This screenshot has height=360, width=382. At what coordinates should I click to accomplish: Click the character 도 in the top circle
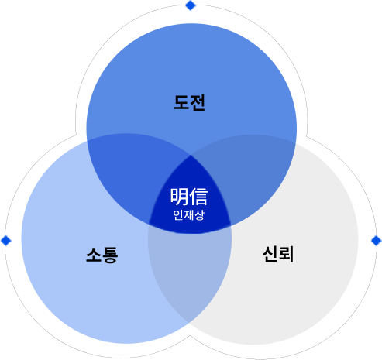tap(181, 102)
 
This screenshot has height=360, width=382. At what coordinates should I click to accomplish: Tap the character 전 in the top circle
tap(198, 102)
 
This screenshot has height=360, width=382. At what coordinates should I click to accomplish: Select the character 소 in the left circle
tap(94, 255)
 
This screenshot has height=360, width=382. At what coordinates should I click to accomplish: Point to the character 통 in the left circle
tap(110, 255)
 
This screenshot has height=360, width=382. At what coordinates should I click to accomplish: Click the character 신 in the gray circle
tap(270, 254)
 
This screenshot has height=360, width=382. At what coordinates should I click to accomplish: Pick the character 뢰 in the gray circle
tap(286, 254)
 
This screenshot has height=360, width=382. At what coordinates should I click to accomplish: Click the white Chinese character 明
tap(179, 197)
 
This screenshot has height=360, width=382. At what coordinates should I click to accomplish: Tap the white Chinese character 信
tap(198, 197)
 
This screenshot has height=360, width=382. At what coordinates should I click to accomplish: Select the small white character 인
tap(178, 215)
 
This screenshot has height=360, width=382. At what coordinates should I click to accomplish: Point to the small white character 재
tap(188, 215)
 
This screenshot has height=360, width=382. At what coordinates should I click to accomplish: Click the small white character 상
tap(199, 215)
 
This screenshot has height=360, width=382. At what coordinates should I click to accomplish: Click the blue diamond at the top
tap(191, 5)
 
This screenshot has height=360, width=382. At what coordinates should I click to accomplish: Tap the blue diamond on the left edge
tap(6, 241)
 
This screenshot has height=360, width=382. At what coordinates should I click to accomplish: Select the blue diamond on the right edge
tap(376, 241)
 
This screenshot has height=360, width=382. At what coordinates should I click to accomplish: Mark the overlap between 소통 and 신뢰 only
tap(190, 273)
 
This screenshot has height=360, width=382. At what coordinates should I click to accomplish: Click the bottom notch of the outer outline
tap(191, 335)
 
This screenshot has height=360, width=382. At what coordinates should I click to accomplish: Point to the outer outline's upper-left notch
tap(76, 135)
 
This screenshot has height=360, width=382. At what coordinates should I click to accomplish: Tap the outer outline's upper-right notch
tap(307, 135)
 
